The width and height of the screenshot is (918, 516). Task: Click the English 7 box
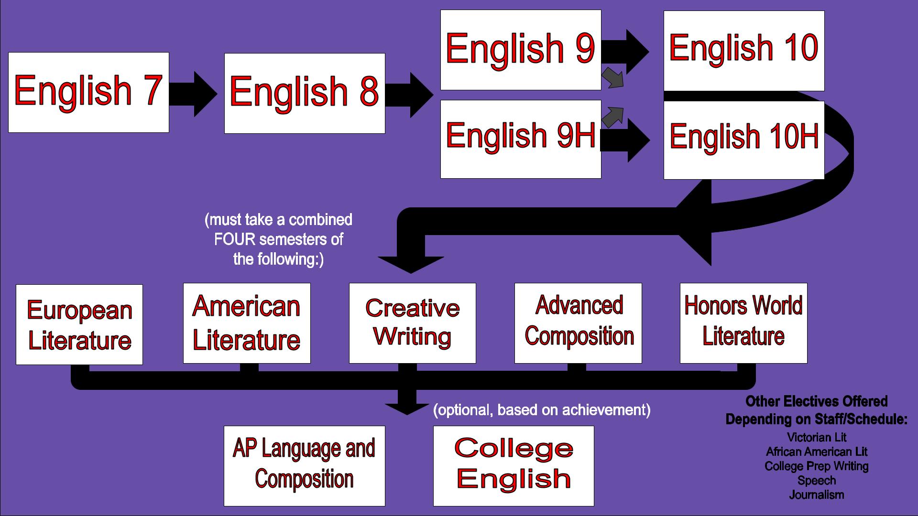[88, 92]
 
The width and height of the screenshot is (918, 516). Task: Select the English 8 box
[305, 93]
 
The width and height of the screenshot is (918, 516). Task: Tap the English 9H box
[521, 139]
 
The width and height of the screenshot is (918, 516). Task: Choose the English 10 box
[744, 51]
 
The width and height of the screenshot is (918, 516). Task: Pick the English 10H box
[744, 140]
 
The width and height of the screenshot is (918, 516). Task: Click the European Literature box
[79, 324]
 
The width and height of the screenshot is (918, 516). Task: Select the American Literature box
[247, 323]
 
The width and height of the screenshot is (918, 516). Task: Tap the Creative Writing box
[413, 323]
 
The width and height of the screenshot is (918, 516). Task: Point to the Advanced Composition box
[578, 323]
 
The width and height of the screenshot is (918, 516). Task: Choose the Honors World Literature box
[743, 323]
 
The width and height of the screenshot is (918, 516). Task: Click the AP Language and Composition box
[305, 466]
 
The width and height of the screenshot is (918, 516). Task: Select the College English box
[514, 466]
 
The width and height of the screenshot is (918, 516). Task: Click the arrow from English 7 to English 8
[193, 94]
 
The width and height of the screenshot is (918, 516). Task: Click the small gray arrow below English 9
[613, 78]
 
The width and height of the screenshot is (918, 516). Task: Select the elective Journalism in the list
[816, 495]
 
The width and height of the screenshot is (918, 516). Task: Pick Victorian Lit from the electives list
[817, 437]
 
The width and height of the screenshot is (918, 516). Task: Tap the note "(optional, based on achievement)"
[542, 410]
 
